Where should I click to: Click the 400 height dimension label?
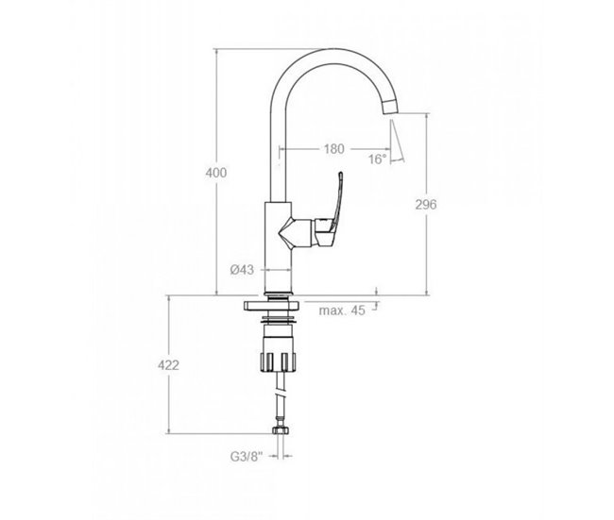216,173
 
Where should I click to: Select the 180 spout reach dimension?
333,149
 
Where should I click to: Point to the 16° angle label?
378,159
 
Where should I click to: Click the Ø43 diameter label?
244,270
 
